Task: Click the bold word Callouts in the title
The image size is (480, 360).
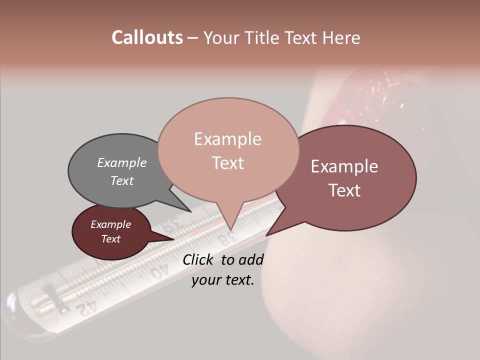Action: [147, 37]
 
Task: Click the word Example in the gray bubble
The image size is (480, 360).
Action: [122, 162]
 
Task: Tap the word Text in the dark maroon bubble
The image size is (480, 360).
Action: [111, 239]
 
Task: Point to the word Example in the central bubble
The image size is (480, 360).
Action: [227, 139]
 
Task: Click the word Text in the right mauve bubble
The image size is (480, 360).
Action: [344, 190]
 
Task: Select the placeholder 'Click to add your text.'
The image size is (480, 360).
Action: [223, 270]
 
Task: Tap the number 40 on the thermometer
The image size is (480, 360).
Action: [159, 271]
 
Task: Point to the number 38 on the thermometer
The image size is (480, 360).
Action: [227, 237]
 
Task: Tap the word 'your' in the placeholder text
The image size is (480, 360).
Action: [206, 280]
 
